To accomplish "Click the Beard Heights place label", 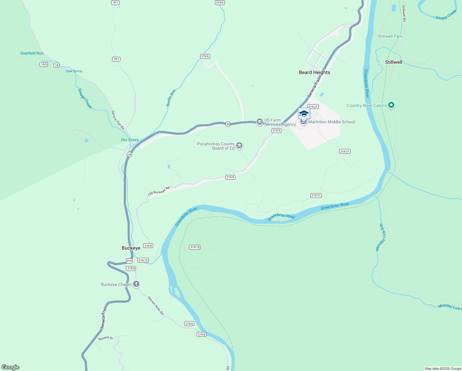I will [314, 72].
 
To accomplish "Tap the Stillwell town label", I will [393, 62].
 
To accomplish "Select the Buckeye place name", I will [131, 248].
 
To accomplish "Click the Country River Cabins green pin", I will [391, 105].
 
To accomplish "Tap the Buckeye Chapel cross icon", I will [136, 284].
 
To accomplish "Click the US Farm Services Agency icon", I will [260, 122].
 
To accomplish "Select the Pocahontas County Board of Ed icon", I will [239, 146].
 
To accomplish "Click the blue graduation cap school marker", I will [304, 114].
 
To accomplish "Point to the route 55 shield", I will [228, 124].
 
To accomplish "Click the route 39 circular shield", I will [130, 154].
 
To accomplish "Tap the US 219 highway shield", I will [129, 261].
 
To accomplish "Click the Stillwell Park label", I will [390, 36].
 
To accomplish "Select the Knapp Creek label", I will [446, 15].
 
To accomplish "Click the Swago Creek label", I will [85, 99].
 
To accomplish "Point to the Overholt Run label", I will [32, 53].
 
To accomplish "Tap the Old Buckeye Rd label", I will [159, 191].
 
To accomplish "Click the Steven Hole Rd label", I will [156, 306].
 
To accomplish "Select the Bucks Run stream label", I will [171, 98].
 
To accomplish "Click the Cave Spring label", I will [74, 71].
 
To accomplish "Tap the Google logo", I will [10, 367].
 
